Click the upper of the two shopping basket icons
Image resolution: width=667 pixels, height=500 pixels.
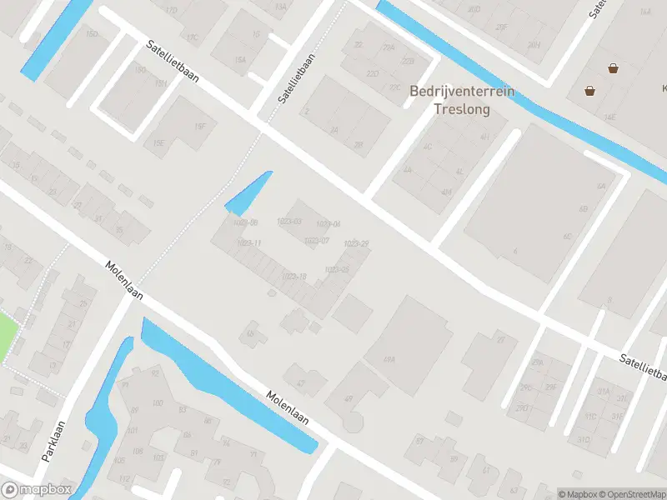point(614,69)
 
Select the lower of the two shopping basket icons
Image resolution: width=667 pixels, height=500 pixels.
point(590,91)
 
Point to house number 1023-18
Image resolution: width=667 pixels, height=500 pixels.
point(294,277)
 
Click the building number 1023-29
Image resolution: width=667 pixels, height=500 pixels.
point(356,243)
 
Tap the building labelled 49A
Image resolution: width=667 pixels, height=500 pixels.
point(389,359)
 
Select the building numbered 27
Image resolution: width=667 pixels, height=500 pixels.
point(501,339)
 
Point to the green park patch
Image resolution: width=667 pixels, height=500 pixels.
point(7,336)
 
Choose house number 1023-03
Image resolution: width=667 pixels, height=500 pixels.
point(288,221)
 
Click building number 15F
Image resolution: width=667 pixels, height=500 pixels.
point(200,127)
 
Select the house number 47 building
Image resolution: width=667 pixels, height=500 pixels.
point(300,383)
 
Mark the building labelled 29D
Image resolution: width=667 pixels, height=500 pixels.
point(522,407)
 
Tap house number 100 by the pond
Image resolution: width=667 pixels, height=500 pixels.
point(158,404)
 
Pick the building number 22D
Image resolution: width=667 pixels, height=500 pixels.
point(373,74)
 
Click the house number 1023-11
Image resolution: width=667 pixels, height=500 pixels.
point(248,242)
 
